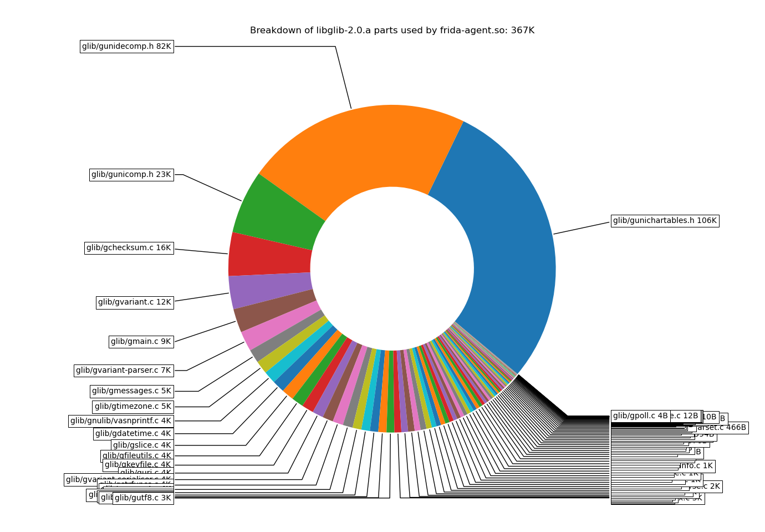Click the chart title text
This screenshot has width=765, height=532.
392,31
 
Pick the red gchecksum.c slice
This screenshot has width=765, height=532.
270,255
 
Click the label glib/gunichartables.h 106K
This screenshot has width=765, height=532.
665,221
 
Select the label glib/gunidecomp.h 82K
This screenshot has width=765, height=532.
126,47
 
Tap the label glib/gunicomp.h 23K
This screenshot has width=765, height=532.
131,175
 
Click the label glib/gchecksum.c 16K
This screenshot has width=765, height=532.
129,248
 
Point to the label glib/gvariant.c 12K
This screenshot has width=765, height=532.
135,302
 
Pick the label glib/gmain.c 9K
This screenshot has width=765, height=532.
141,342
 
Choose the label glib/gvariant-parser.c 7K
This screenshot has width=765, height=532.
124,371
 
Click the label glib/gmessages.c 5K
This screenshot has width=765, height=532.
131,391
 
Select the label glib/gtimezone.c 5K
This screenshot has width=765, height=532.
133,407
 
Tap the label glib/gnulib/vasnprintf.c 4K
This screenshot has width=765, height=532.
121,421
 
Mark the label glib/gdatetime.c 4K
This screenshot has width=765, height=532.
133,434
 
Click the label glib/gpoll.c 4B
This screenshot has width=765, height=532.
640,416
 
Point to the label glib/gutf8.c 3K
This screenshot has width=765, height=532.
143,498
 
